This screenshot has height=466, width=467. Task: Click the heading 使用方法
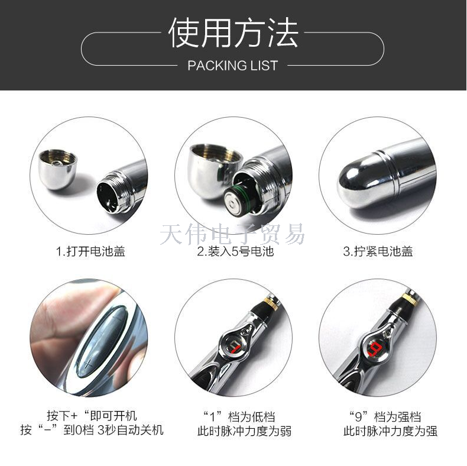(x=233, y=32)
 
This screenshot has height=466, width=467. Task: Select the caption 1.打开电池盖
(x=90, y=251)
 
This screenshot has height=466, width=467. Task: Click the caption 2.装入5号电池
(x=235, y=251)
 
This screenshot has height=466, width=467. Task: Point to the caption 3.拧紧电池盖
(x=378, y=251)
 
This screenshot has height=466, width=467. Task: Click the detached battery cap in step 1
(x=57, y=169)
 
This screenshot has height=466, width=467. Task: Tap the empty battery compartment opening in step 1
(x=109, y=198)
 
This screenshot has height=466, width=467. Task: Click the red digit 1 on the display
(x=235, y=348)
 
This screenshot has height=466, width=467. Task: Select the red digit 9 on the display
(x=374, y=348)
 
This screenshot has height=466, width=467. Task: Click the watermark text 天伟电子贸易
(x=232, y=234)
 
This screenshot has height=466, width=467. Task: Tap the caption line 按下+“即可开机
(x=92, y=415)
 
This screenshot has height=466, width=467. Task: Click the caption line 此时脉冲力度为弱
(x=244, y=431)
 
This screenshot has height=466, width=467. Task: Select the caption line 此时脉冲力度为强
(x=390, y=431)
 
